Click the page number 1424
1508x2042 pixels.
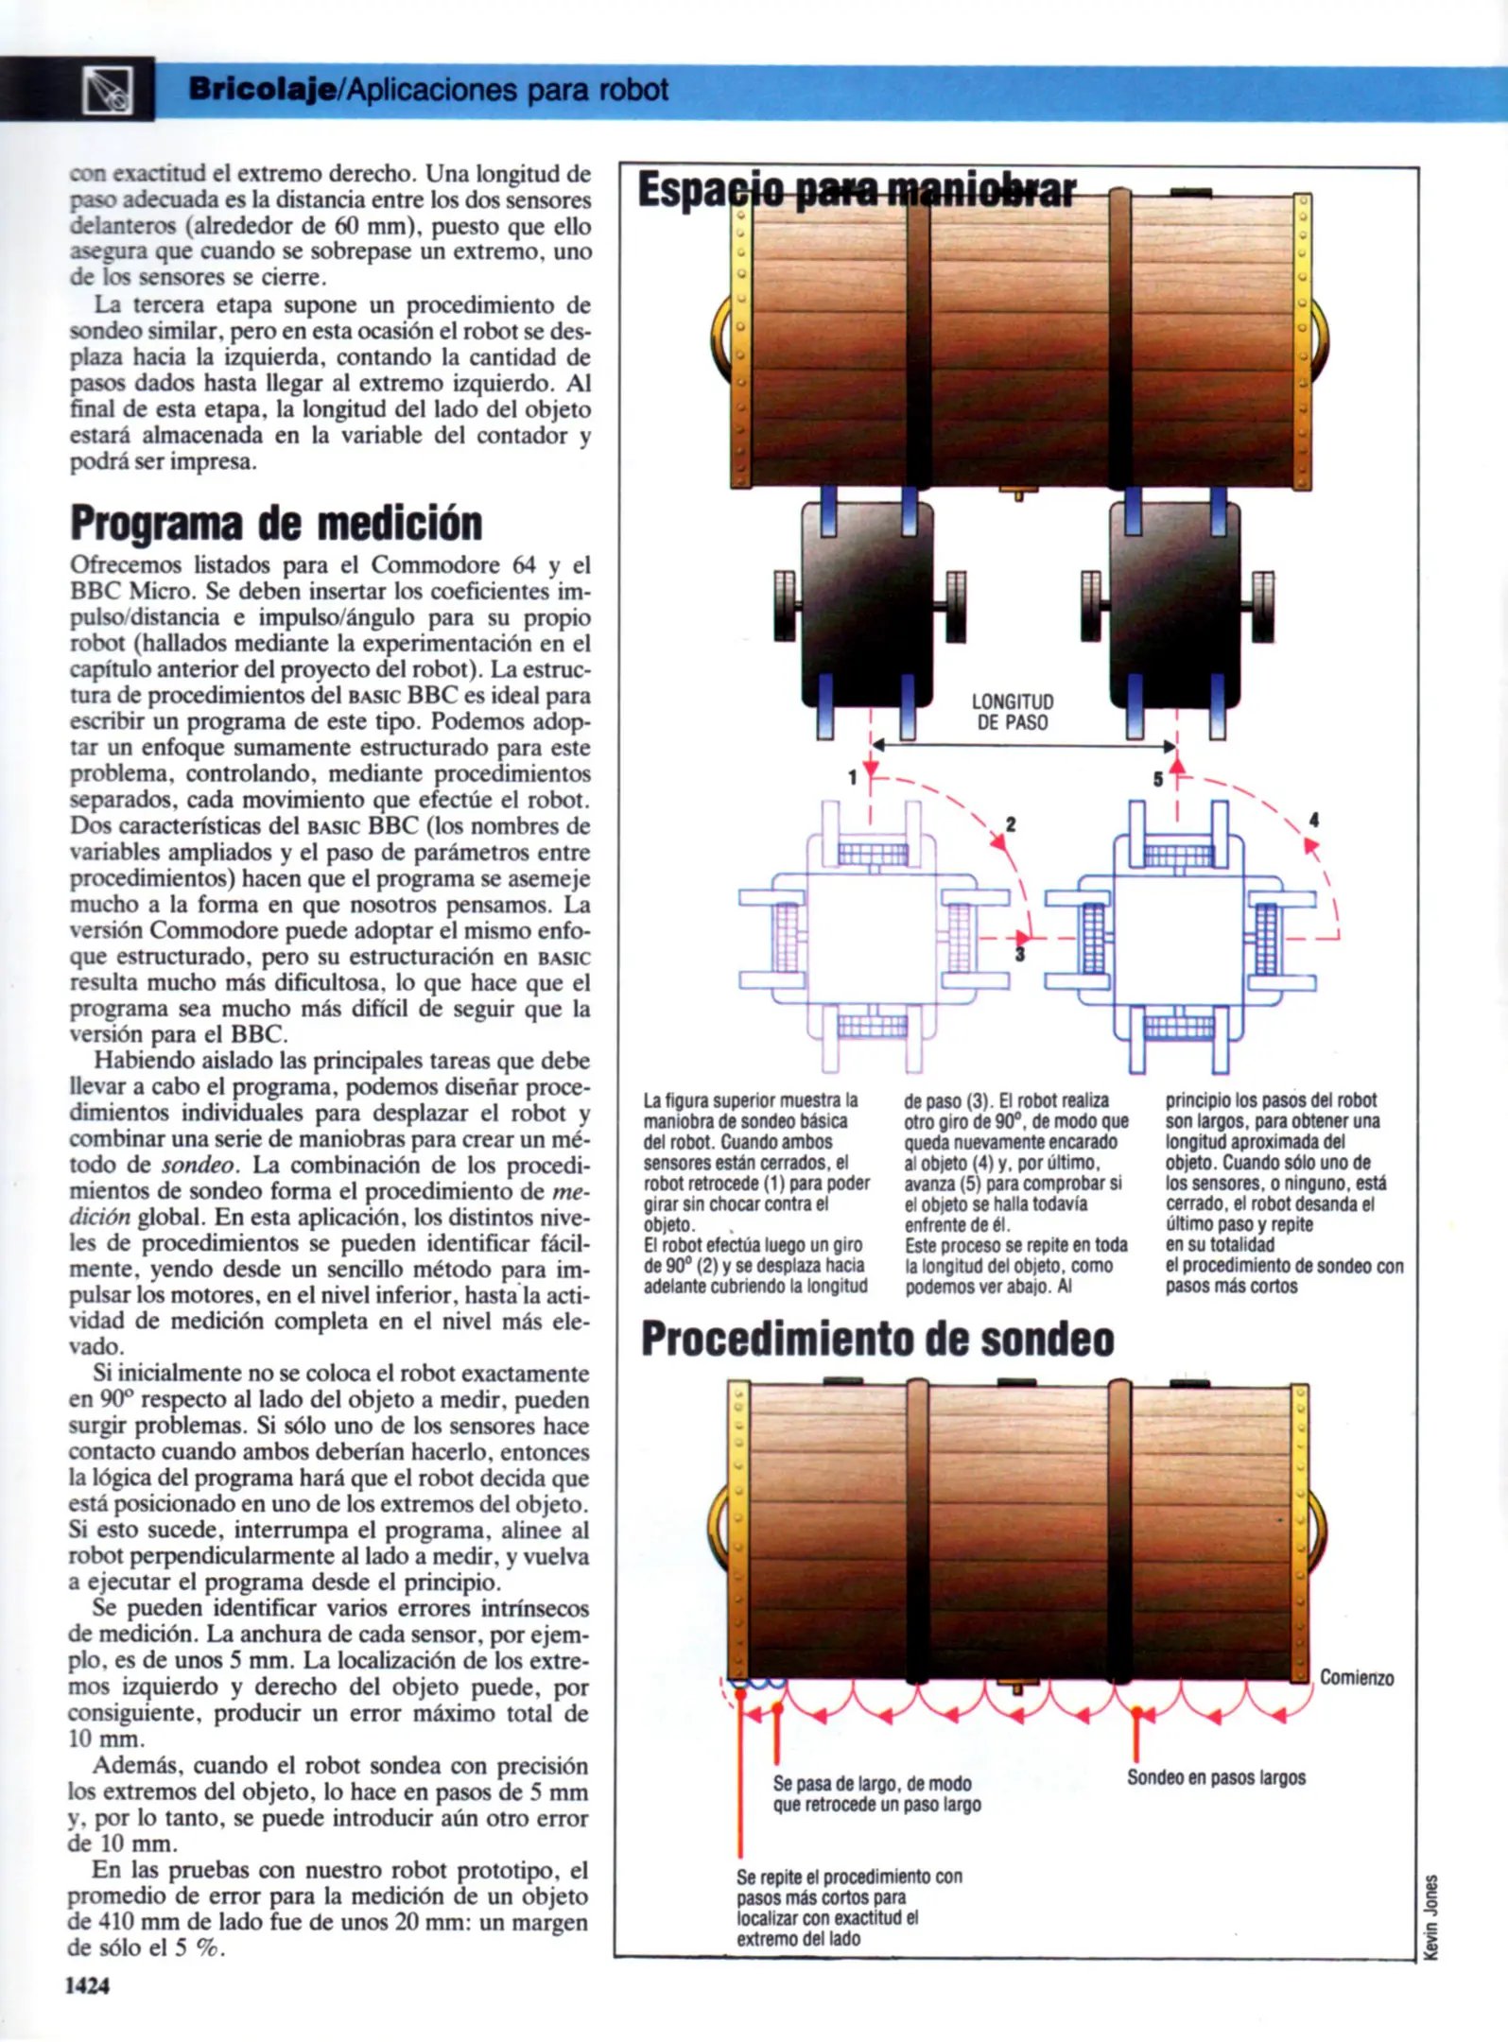tap(87, 1985)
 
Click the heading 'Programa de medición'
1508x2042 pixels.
tap(276, 523)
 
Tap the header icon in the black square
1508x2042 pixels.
tap(107, 91)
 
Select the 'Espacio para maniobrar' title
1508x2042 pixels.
tap(856, 190)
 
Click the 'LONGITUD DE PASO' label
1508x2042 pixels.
tap(1012, 712)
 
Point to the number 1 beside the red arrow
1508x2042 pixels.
tap(852, 778)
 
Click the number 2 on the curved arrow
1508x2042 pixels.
tap(1011, 824)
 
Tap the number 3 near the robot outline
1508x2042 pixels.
tap(1019, 955)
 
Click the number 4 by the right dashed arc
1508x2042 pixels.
tap(1313, 821)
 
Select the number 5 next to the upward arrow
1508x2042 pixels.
tap(1157, 780)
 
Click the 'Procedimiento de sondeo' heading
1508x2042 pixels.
tap(876, 1339)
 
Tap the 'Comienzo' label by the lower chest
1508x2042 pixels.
tap(1356, 1678)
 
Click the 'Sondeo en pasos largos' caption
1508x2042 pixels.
tap(1215, 1777)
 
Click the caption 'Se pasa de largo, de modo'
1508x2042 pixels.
tap(872, 1783)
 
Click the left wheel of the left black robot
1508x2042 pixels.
tap(785, 606)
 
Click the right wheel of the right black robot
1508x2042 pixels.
tap(1262, 606)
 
